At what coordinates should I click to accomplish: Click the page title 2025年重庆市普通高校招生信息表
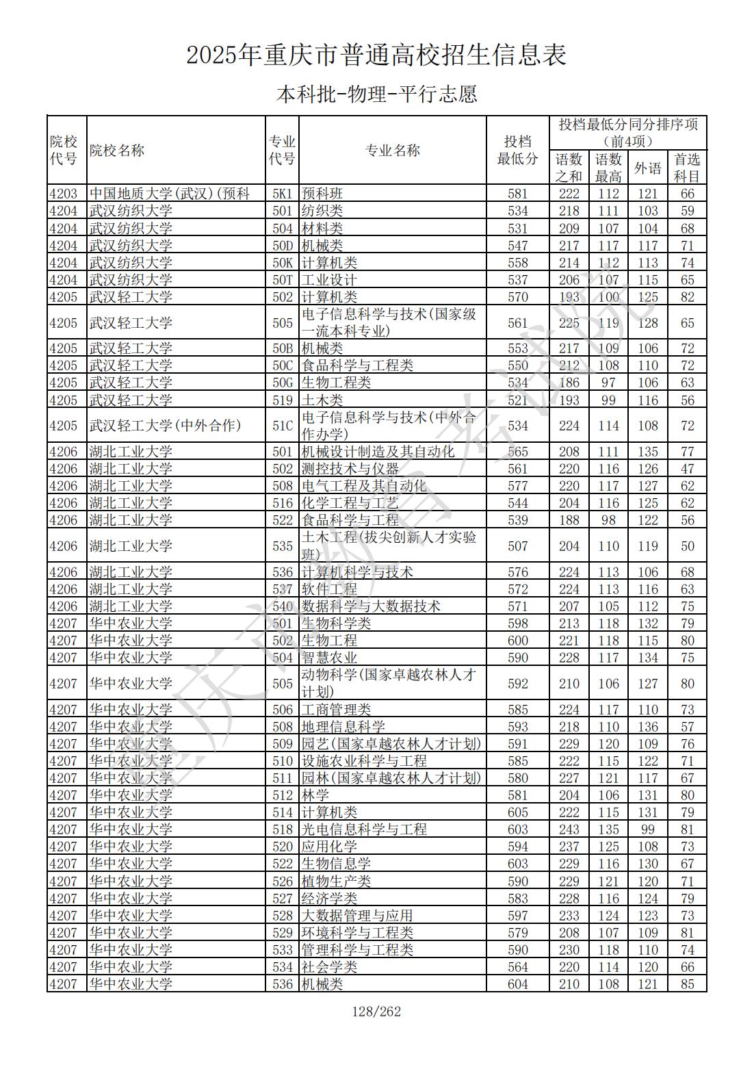[376, 55]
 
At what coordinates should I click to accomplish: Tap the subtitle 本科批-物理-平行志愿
[376, 94]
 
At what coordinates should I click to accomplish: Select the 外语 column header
[647, 168]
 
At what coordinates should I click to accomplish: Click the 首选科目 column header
[687, 168]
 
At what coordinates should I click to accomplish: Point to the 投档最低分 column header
[517, 151]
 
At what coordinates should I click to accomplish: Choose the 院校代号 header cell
[64, 151]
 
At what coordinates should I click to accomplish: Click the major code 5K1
[282, 194]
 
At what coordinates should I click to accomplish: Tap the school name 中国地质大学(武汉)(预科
[170, 194]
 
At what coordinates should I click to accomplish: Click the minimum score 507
[518, 546]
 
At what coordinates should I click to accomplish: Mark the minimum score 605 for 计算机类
[518, 812]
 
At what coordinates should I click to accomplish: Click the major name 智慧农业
[329, 658]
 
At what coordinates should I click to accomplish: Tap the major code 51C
[282, 426]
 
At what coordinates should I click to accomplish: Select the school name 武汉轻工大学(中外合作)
[165, 426]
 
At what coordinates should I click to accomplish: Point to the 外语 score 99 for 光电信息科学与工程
[647, 830]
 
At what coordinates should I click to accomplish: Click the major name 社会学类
[329, 967]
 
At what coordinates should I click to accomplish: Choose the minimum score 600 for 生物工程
[518, 641]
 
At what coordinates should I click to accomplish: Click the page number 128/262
[376, 1011]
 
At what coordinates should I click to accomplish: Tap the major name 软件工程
[329, 589]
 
